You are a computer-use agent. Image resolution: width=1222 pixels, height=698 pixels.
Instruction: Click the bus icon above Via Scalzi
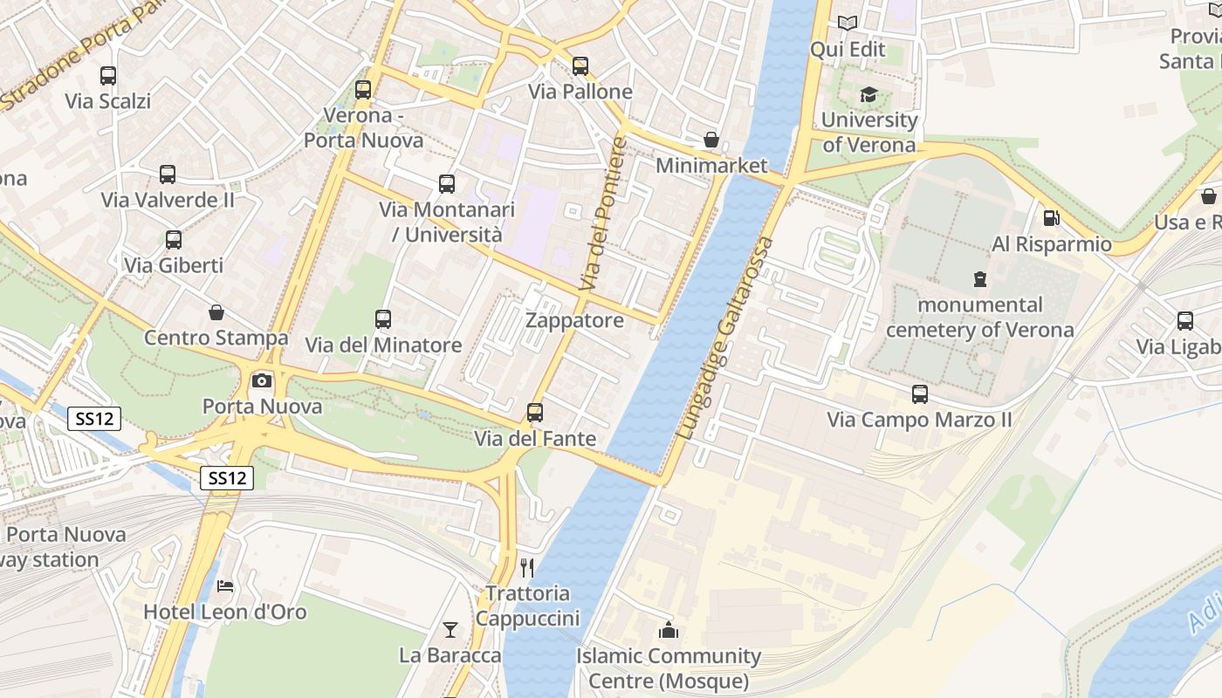tap(108, 76)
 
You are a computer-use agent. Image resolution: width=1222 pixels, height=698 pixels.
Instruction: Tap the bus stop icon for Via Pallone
tap(580, 66)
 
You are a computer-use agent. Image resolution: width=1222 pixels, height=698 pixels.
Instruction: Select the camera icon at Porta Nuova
tap(261, 380)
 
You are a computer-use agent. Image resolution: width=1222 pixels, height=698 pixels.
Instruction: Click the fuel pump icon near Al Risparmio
tap(1052, 218)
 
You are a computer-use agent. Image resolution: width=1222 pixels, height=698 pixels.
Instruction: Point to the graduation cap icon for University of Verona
tap(868, 94)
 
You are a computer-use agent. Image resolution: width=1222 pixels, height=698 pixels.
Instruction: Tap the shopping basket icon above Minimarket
tap(711, 140)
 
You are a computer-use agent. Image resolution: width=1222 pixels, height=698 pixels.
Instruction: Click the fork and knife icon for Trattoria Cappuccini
tap(527, 568)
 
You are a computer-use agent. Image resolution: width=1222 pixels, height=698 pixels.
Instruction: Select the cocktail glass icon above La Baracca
tap(450, 629)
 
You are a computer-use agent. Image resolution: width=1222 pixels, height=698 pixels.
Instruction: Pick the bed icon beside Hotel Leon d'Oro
tap(225, 586)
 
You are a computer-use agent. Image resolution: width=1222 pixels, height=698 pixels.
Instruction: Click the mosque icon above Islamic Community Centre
tap(669, 629)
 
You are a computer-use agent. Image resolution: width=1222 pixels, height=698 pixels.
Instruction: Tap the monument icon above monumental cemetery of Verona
tap(979, 279)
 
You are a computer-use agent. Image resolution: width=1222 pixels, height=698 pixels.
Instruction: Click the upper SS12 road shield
tap(94, 419)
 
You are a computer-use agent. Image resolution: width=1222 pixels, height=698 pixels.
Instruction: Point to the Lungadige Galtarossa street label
tap(725, 339)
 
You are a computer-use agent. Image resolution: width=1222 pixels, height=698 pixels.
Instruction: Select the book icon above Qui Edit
tap(847, 23)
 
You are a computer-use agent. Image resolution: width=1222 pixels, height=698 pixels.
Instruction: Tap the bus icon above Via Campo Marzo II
tap(920, 394)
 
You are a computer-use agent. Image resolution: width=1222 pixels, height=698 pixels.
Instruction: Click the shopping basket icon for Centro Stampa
tap(216, 312)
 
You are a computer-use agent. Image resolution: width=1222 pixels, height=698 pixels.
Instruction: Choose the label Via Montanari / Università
tap(446, 222)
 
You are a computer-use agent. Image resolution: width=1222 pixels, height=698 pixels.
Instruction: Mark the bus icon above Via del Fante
tap(535, 413)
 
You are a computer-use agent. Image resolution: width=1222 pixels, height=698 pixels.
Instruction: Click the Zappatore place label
tap(574, 320)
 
